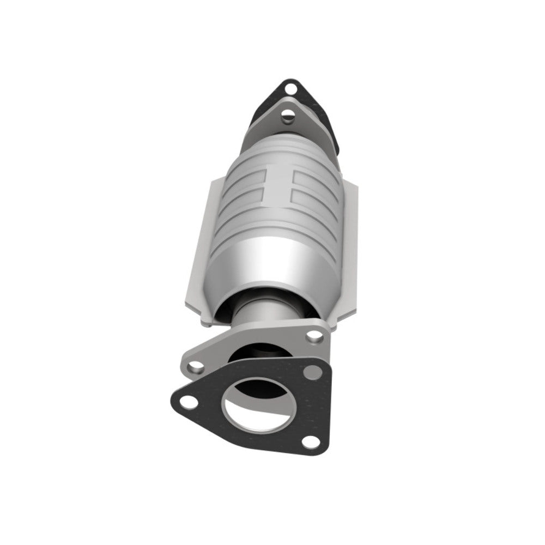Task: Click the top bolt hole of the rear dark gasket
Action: [x=289, y=88]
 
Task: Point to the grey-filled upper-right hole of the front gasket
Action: [x=312, y=373]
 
